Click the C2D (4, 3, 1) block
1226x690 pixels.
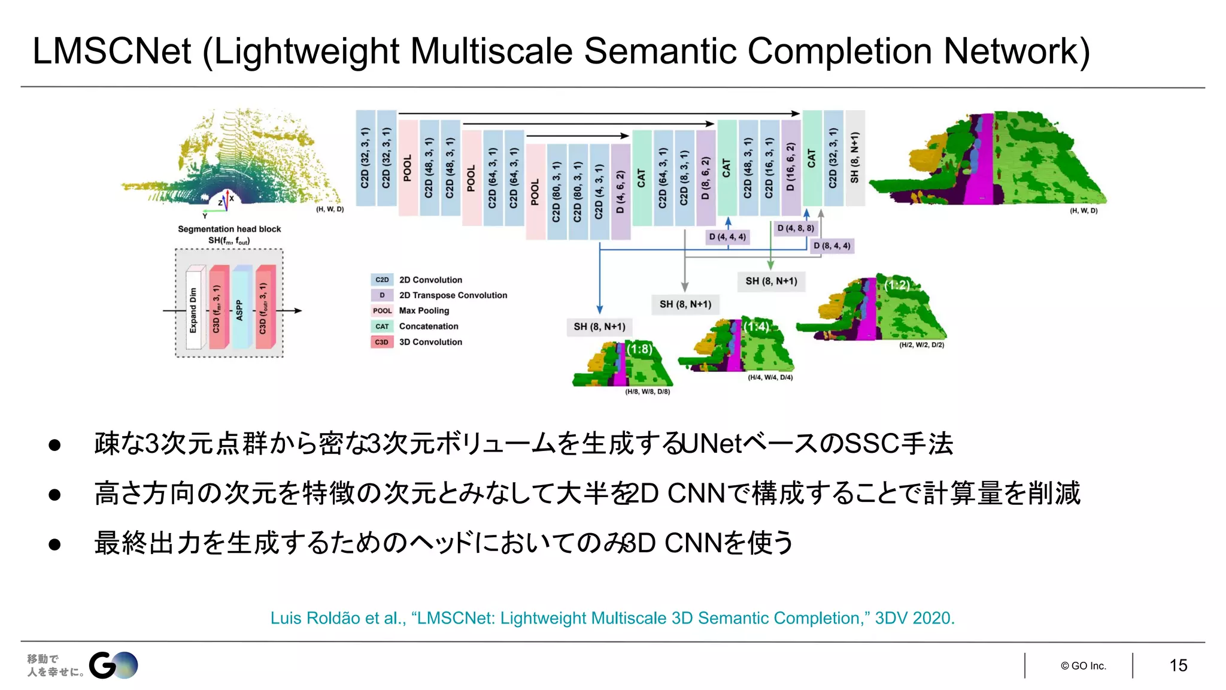(599, 192)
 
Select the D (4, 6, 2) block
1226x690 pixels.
(620, 192)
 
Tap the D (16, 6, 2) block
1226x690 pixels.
(791, 167)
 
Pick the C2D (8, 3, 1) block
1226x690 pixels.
(684, 178)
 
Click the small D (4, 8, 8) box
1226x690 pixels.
(795, 228)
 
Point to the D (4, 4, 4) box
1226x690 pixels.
(727, 237)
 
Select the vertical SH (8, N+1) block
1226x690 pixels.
(855, 158)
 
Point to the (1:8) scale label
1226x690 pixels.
(639, 349)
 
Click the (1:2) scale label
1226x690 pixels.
(897, 285)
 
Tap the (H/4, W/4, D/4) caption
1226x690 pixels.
(770, 377)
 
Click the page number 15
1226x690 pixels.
(1178, 665)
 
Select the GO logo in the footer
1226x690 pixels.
(113, 665)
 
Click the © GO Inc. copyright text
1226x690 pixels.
(1084, 666)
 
